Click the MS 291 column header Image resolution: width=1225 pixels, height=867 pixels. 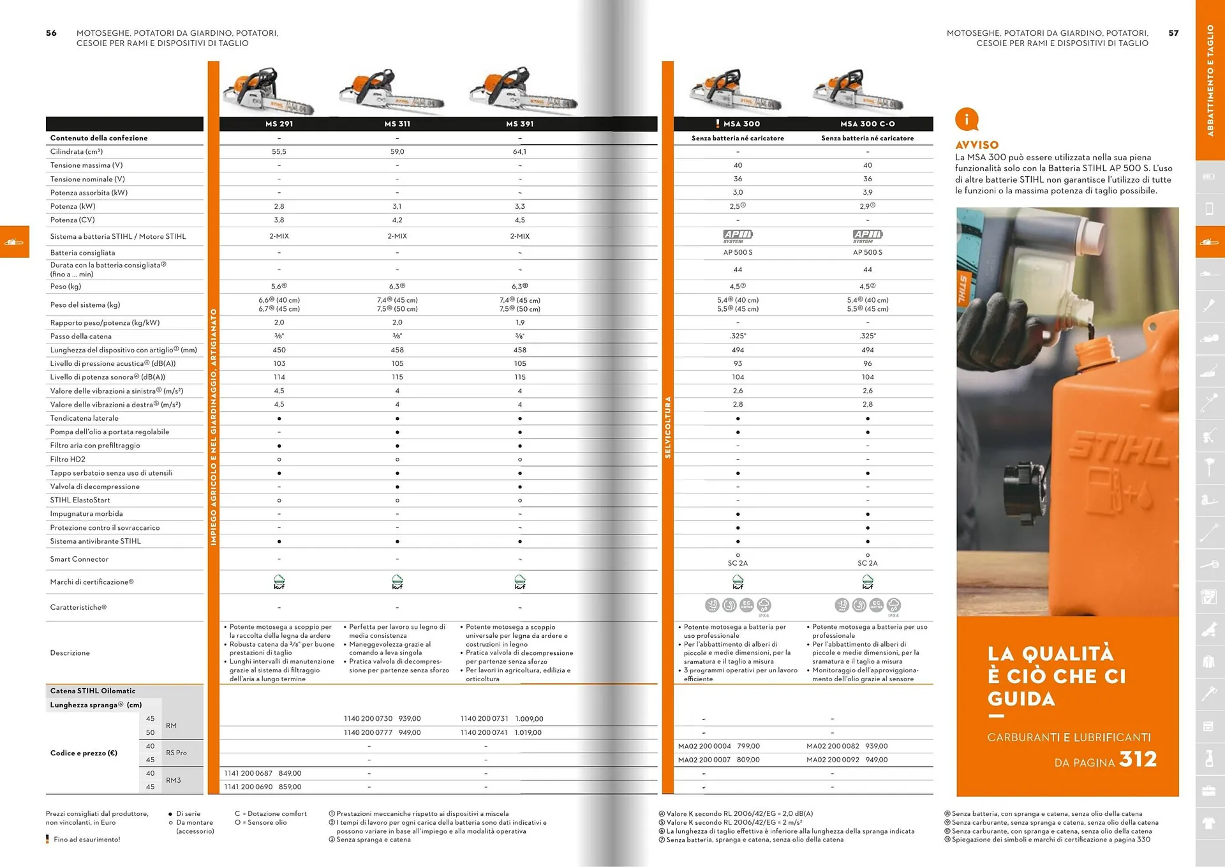point(279,124)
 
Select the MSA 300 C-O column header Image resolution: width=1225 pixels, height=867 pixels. point(867,124)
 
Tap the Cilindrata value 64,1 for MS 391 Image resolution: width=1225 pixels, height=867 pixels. point(519,152)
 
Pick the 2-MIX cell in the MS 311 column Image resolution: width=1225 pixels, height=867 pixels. point(397,236)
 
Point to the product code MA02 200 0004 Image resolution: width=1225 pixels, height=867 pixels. point(704,746)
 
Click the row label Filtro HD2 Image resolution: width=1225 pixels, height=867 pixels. point(68,460)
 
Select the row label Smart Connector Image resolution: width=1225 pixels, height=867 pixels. point(79,559)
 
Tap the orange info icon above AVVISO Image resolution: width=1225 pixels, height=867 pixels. point(966,119)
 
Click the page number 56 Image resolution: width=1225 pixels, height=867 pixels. point(51,33)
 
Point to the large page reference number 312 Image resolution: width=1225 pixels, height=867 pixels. point(1138,759)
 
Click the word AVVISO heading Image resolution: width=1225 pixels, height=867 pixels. point(976,145)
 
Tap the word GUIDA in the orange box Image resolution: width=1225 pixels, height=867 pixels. point(1021,699)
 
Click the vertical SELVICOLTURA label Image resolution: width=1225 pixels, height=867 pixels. point(668,427)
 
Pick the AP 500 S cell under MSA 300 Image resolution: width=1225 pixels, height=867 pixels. point(738,253)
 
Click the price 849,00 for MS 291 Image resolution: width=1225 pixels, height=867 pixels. point(290,774)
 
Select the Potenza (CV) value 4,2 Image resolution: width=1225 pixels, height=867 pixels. point(397,220)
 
